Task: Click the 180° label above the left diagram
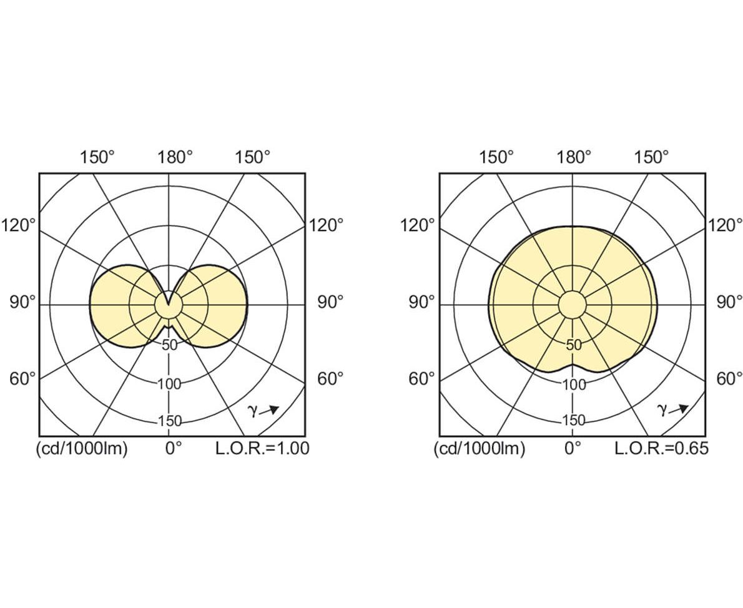[x=175, y=157]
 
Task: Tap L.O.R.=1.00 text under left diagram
[x=262, y=448]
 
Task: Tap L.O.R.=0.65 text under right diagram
[x=661, y=448]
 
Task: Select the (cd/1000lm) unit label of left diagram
[x=82, y=448]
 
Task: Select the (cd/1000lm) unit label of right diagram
[x=480, y=448]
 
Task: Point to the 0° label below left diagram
[x=174, y=448]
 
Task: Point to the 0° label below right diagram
[x=573, y=448]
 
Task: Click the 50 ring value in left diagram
[x=169, y=345]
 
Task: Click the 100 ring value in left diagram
[x=169, y=383]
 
